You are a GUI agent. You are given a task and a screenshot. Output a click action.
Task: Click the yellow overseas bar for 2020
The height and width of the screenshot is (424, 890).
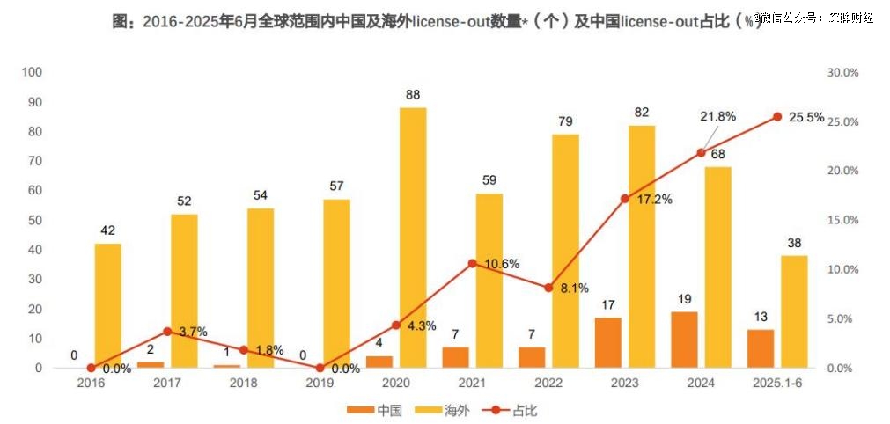(413, 238)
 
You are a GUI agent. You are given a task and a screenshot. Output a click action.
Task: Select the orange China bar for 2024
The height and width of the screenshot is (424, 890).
(683, 340)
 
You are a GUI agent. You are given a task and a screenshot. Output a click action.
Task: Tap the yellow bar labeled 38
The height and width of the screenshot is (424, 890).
(794, 311)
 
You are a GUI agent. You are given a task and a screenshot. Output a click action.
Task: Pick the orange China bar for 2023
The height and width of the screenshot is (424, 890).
(607, 342)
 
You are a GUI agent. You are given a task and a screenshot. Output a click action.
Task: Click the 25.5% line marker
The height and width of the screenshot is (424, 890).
(777, 117)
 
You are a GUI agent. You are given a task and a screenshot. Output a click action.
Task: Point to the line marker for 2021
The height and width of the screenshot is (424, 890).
(472, 263)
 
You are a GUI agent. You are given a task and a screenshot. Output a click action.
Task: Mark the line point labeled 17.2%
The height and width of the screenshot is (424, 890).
(625, 199)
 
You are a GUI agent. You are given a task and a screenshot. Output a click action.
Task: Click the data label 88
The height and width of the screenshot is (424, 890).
(413, 94)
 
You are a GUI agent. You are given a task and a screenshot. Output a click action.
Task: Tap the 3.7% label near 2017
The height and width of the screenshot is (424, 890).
(192, 332)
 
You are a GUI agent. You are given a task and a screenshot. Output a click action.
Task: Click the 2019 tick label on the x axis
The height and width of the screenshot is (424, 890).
(320, 384)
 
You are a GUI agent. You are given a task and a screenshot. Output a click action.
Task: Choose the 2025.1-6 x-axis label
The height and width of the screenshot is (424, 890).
(776, 384)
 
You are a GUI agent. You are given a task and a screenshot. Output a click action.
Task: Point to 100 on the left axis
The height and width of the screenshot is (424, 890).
(33, 72)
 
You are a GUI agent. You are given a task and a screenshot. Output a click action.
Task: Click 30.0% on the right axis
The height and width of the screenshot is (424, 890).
(842, 72)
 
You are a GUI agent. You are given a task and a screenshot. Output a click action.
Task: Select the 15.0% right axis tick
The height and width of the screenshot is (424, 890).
(842, 220)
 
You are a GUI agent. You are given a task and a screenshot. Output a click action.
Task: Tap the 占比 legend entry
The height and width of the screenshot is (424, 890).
(512, 410)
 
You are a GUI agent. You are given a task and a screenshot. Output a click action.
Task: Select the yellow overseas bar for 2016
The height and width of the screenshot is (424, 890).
(108, 305)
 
